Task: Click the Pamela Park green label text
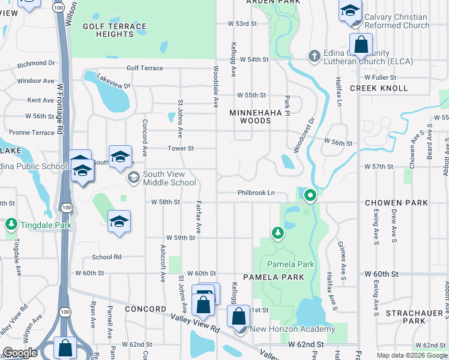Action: pyautogui.click(x=291, y=264)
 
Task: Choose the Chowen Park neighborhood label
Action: pyautogui.click(x=396, y=203)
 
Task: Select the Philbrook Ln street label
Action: pyautogui.click(x=256, y=193)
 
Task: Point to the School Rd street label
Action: pyautogui.click(x=107, y=257)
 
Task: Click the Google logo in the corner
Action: pyautogui.click(x=20, y=353)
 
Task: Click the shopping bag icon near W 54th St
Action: pyautogui.click(x=361, y=44)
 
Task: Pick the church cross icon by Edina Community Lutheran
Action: pyautogui.click(x=313, y=56)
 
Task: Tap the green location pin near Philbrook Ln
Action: pyautogui.click(x=310, y=194)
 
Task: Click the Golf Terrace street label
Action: pyautogui.click(x=145, y=68)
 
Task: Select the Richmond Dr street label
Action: pyautogui.click(x=36, y=63)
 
